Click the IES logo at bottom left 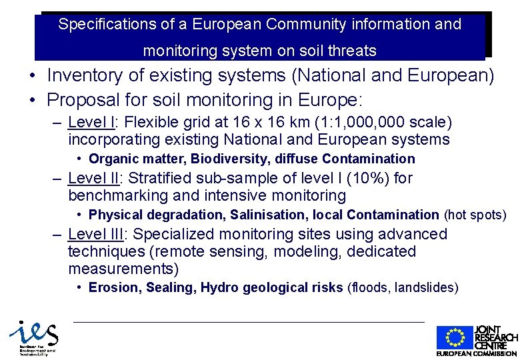[33, 339]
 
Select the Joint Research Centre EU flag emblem [455, 338]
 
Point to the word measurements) [123, 269]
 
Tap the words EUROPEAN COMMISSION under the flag [476, 353]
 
